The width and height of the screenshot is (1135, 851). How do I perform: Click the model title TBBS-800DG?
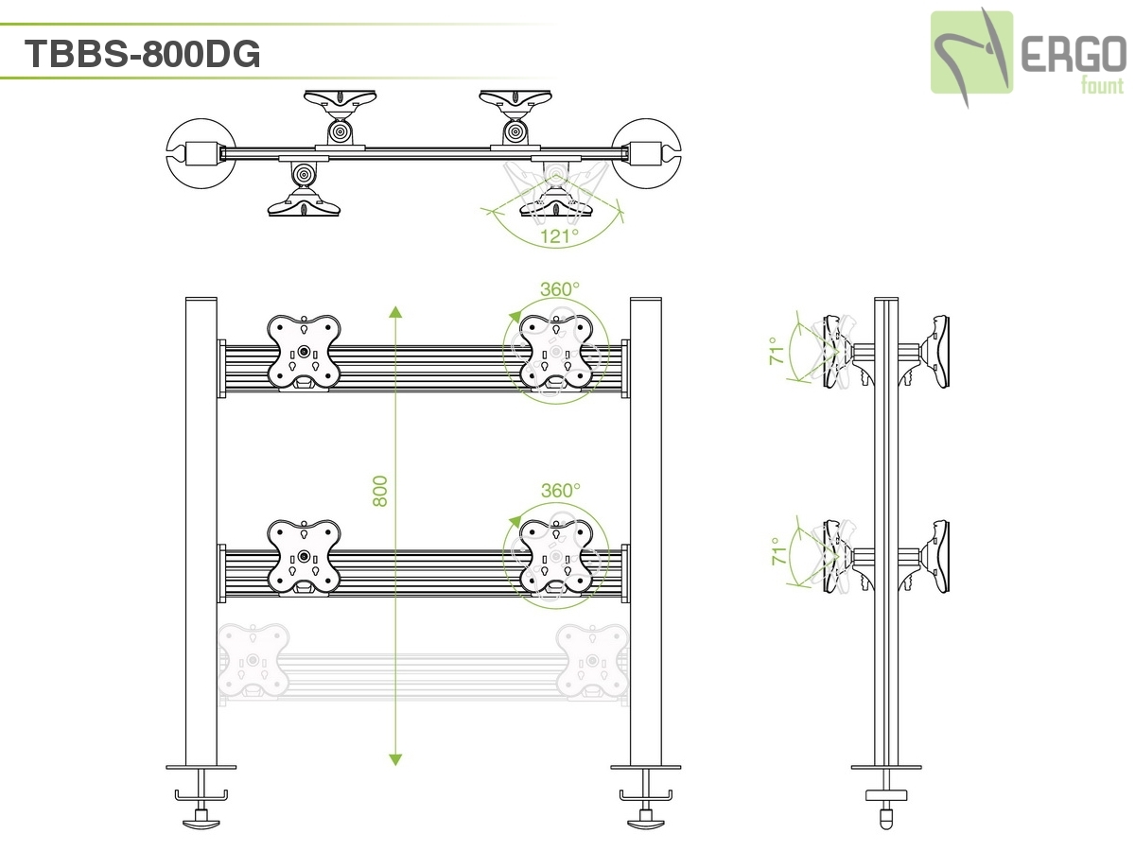coord(143,55)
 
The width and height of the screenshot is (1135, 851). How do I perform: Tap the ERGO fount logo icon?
coord(971,52)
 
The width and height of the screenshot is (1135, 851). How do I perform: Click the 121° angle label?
coord(560,236)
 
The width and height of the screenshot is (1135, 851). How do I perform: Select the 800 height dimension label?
coord(380,491)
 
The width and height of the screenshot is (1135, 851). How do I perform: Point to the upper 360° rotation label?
coord(560,289)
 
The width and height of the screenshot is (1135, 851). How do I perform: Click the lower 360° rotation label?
coord(560,491)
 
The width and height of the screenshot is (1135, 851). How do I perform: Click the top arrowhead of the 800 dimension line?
coord(395,312)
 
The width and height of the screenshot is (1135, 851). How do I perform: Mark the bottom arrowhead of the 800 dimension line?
coord(395,759)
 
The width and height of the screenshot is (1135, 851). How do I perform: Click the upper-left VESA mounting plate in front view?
coord(303,352)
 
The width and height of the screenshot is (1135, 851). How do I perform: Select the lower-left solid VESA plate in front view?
coord(303,557)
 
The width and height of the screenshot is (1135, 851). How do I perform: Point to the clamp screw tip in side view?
coord(886,819)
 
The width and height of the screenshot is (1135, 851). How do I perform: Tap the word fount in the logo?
coord(1102,86)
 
